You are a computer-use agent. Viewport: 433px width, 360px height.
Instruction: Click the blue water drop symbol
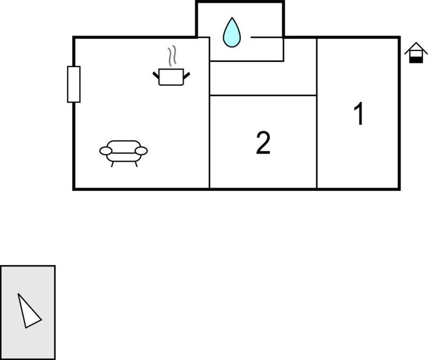tap(232, 32)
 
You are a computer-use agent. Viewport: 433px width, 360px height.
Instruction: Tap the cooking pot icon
tap(171, 77)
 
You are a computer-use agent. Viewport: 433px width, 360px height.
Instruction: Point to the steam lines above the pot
tap(172, 56)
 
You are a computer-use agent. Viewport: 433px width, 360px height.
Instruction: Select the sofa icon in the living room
tap(123, 153)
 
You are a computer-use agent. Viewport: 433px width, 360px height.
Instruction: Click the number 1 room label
tap(359, 113)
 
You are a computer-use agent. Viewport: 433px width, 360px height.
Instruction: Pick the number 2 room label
tap(263, 143)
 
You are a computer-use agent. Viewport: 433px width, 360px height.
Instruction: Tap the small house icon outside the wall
tap(416, 52)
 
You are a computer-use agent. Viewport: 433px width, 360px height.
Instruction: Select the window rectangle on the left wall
tap(74, 84)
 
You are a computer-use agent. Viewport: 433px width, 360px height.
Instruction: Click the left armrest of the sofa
tap(106, 151)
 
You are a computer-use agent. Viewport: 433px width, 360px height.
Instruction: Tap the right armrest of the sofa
tap(141, 151)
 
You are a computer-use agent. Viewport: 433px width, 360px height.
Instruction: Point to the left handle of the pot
tap(156, 75)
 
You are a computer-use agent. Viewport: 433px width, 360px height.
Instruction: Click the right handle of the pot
tap(187, 75)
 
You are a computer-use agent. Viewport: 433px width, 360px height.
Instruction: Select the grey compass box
tap(28, 313)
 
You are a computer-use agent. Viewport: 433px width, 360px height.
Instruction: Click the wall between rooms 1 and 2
tap(317, 113)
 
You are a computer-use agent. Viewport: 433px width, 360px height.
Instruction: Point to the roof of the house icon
tap(416, 47)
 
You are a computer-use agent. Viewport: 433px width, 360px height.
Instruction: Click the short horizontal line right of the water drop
tap(266, 37)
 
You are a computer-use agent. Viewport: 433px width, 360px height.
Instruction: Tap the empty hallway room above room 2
tap(263, 78)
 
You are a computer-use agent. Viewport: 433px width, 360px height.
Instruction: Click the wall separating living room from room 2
tap(210, 113)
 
